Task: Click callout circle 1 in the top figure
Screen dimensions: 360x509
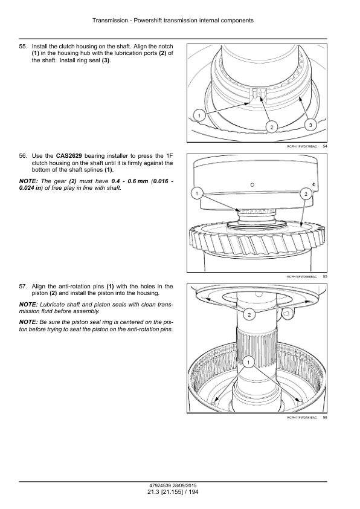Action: (199, 115)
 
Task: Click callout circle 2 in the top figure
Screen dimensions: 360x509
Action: (272, 127)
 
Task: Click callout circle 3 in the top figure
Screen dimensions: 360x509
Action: (310, 125)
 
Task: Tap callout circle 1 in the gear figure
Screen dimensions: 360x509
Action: (196, 194)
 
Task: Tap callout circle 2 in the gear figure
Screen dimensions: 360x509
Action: (306, 194)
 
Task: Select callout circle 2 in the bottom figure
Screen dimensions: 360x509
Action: (249, 314)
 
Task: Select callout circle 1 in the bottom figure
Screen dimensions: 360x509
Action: (248, 362)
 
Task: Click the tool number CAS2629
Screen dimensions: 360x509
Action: (69, 156)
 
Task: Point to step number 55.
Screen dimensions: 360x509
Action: (23, 47)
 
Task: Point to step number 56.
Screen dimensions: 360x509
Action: (23, 156)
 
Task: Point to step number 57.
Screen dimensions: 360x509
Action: (23, 287)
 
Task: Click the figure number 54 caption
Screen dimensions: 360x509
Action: (325, 146)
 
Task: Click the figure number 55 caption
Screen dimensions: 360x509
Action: (325, 277)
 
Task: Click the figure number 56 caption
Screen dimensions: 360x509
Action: (325, 418)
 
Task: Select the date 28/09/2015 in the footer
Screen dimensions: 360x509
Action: (185, 486)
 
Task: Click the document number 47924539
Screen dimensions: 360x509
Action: (161, 486)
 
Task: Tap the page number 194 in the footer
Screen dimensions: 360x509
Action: (194, 492)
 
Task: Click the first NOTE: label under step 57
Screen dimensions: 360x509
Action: (28, 305)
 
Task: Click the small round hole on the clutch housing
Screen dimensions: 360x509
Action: (252, 185)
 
